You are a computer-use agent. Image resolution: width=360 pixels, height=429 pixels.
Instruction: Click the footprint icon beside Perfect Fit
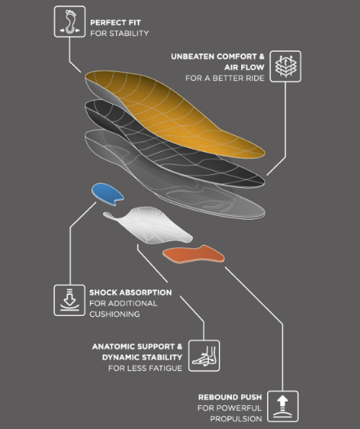(x=70, y=22)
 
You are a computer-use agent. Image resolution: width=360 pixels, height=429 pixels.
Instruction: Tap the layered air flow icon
(x=285, y=66)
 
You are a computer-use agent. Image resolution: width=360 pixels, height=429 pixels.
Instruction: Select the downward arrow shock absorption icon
(x=70, y=300)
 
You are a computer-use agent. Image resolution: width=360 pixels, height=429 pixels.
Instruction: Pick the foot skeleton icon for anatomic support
(x=204, y=356)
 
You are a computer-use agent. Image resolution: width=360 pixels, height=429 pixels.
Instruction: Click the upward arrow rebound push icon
(x=283, y=406)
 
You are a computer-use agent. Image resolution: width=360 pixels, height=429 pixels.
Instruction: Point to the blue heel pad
(x=107, y=194)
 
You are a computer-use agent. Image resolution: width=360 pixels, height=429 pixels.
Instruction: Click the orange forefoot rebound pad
(x=194, y=254)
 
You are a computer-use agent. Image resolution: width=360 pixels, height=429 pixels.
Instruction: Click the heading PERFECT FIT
(x=115, y=22)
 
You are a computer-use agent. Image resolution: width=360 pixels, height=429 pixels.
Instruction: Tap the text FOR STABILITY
(x=120, y=33)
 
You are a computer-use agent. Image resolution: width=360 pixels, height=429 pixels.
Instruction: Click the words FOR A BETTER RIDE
(x=225, y=78)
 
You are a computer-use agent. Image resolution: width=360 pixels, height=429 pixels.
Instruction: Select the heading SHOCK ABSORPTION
(x=130, y=292)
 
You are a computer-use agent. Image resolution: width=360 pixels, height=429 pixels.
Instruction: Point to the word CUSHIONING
(x=114, y=314)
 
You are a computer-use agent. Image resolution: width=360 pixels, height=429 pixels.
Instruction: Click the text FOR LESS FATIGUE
(x=145, y=369)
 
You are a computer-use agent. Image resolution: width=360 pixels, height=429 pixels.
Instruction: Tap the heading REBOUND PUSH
(x=230, y=397)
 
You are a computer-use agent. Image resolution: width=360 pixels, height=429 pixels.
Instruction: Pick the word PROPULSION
(x=236, y=419)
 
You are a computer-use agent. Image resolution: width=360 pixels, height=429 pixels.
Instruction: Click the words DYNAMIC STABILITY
(x=142, y=357)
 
